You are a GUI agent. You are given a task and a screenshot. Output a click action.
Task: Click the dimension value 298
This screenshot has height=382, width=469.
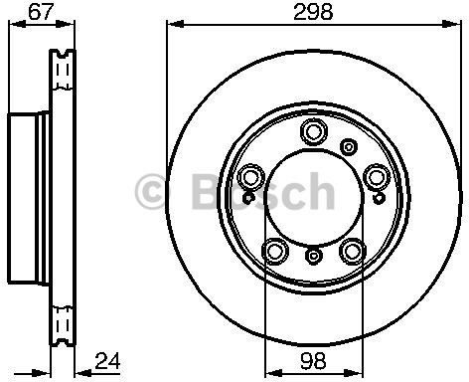point(313,12)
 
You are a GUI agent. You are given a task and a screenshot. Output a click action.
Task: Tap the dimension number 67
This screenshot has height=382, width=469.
point(41,12)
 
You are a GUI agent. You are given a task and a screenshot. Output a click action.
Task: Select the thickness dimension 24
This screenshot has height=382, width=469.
point(107,361)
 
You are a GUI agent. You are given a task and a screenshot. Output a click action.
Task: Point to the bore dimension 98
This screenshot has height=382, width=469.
point(313,360)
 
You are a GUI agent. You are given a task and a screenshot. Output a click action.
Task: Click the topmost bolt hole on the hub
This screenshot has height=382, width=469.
point(314,131)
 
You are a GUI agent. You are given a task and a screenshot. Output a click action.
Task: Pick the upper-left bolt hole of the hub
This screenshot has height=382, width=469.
point(250,178)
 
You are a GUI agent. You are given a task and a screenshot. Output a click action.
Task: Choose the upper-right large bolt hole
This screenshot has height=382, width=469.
point(376,178)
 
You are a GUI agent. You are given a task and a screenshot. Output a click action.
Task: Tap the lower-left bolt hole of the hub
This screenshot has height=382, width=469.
point(274,251)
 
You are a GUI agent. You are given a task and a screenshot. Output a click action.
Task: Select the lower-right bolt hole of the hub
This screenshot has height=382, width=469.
point(352,251)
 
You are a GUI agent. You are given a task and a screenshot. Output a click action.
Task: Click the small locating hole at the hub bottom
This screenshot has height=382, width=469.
point(313,256)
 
